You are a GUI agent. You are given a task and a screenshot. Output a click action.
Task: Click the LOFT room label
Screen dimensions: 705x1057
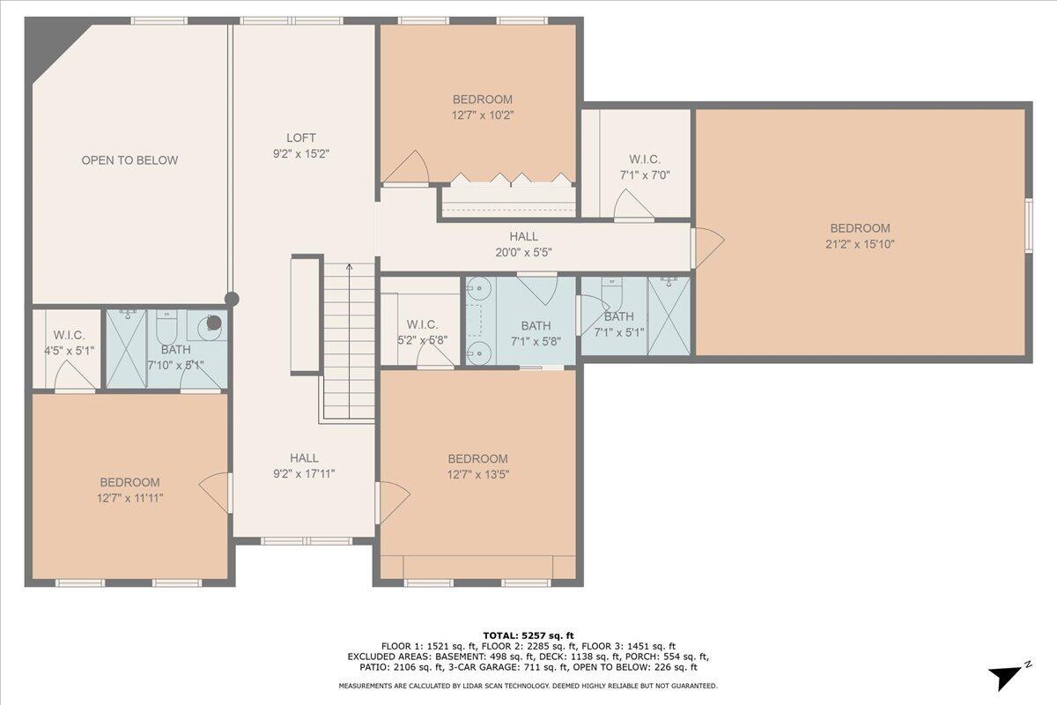(300, 137)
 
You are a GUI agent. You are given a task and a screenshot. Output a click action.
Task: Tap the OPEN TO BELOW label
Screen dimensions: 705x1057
(129, 160)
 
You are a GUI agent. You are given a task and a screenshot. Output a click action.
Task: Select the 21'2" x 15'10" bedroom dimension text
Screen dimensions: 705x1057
(860, 244)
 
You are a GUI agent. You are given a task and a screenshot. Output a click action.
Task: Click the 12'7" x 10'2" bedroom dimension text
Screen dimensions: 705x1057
(482, 115)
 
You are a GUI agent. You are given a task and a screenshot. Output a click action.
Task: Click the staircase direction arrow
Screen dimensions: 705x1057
(349, 270)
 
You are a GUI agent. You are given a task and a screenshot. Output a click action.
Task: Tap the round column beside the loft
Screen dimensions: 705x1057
(231, 299)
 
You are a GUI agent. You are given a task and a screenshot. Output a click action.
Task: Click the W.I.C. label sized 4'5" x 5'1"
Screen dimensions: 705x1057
(69, 335)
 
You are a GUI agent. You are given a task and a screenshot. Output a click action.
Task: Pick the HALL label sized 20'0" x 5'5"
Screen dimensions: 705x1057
(523, 236)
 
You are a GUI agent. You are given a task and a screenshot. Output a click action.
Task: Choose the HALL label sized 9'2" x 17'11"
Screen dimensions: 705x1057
(305, 458)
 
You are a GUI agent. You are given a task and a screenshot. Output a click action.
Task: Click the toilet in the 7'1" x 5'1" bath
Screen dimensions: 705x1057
(611, 290)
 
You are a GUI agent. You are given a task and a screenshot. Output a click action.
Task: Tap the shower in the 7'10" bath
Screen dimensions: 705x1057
(126, 348)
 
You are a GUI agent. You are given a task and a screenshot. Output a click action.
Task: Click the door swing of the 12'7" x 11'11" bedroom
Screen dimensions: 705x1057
(214, 491)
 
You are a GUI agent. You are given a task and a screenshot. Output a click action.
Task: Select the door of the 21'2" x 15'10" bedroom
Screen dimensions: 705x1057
(708, 247)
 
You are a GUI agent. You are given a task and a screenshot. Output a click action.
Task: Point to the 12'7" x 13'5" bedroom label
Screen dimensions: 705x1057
(477, 459)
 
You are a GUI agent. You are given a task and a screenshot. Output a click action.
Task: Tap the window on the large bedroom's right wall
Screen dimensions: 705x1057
(1028, 225)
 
